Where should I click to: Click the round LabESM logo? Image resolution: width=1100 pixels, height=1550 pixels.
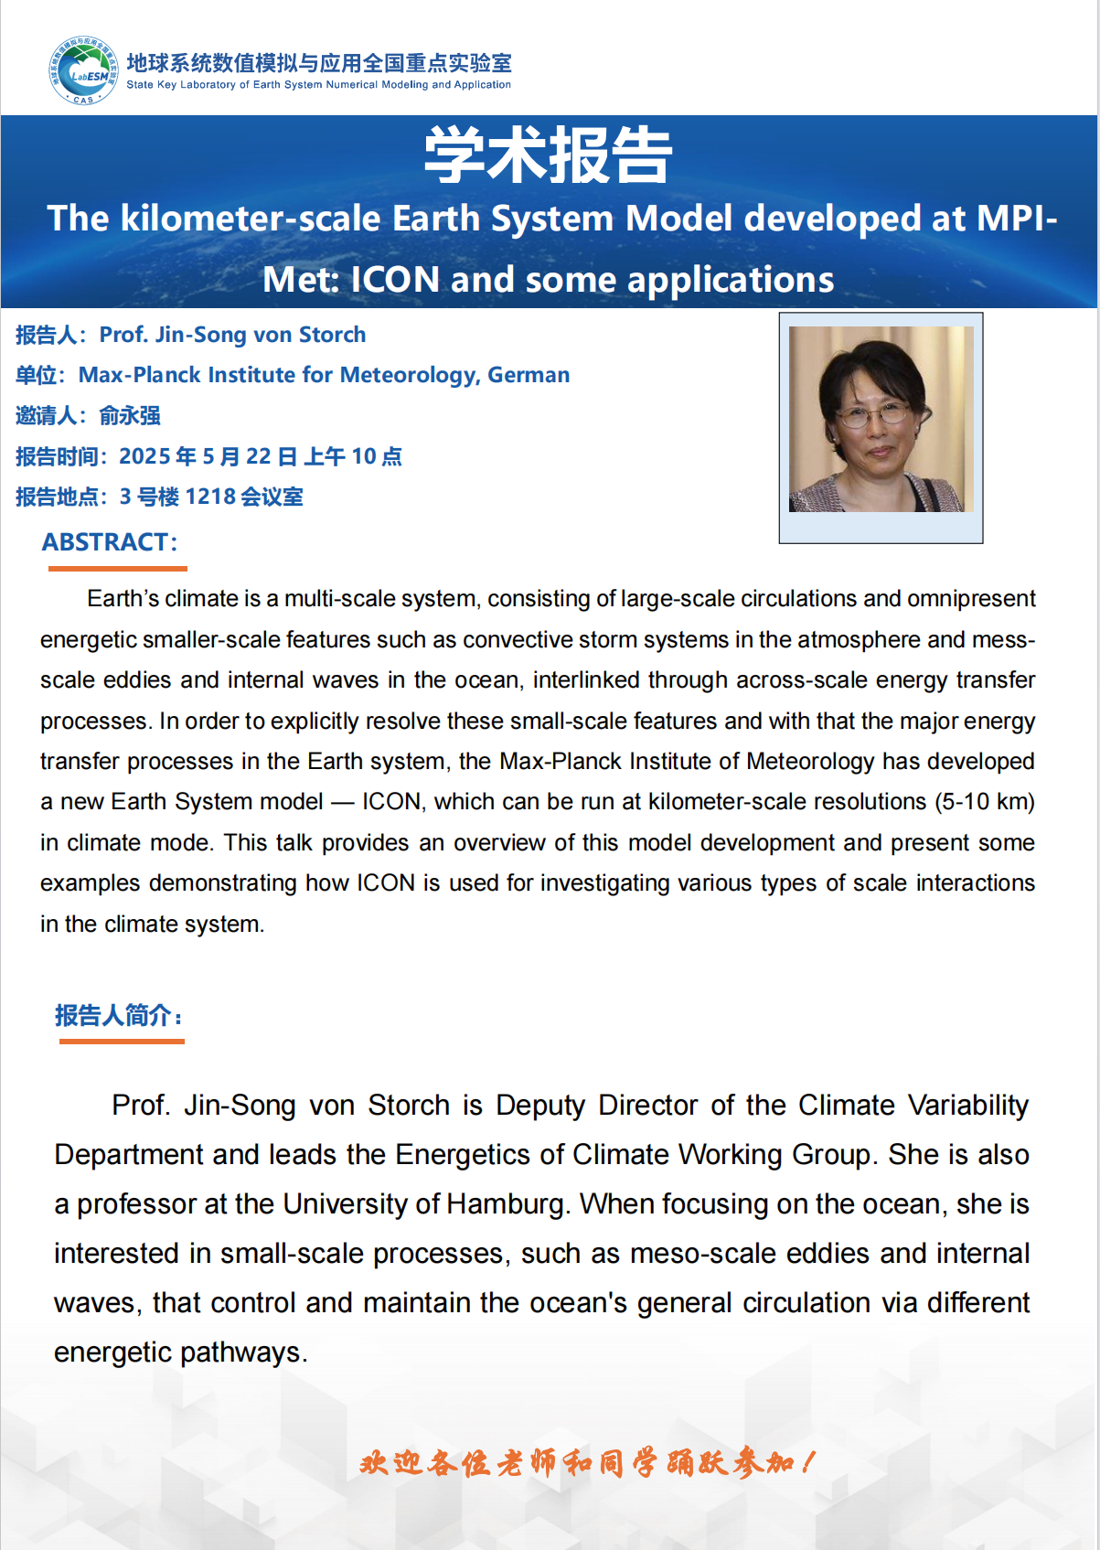(83, 70)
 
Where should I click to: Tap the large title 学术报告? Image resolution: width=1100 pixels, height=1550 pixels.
(549, 155)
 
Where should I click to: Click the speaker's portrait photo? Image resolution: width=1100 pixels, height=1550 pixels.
(881, 420)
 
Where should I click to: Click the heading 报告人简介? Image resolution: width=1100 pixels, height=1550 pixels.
(119, 1016)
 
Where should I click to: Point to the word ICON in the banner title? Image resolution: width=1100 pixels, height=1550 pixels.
(395, 280)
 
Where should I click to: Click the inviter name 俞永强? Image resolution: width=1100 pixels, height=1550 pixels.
(130, 416)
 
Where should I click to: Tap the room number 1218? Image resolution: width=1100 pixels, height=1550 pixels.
(210, 497)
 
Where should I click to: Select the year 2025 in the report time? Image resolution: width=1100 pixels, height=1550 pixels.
(144, 456)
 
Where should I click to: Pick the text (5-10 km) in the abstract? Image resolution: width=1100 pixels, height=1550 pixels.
(984, 802)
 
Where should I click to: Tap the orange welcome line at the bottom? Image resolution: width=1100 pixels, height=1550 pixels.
(585, 1463)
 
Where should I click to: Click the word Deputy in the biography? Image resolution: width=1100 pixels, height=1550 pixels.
(539, 1106)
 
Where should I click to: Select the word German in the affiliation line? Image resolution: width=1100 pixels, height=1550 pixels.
(529, 375)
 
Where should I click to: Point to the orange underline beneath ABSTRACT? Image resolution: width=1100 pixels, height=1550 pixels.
(117, 569)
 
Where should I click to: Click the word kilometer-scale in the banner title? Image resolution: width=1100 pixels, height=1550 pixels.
(251, 219)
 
